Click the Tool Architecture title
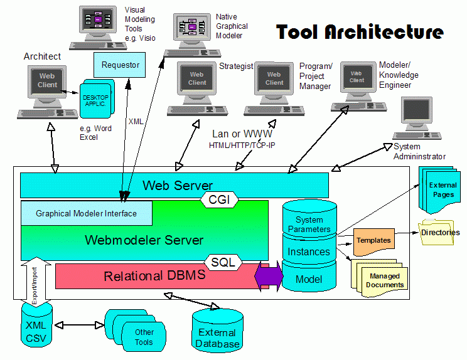[x=360, y=33]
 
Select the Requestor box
[x=120, y=65]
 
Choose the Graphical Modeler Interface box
[x=87, y=213]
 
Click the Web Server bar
[x=174, y=185]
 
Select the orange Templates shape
[x=373, y=241]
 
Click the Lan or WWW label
[x=242, y=134]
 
